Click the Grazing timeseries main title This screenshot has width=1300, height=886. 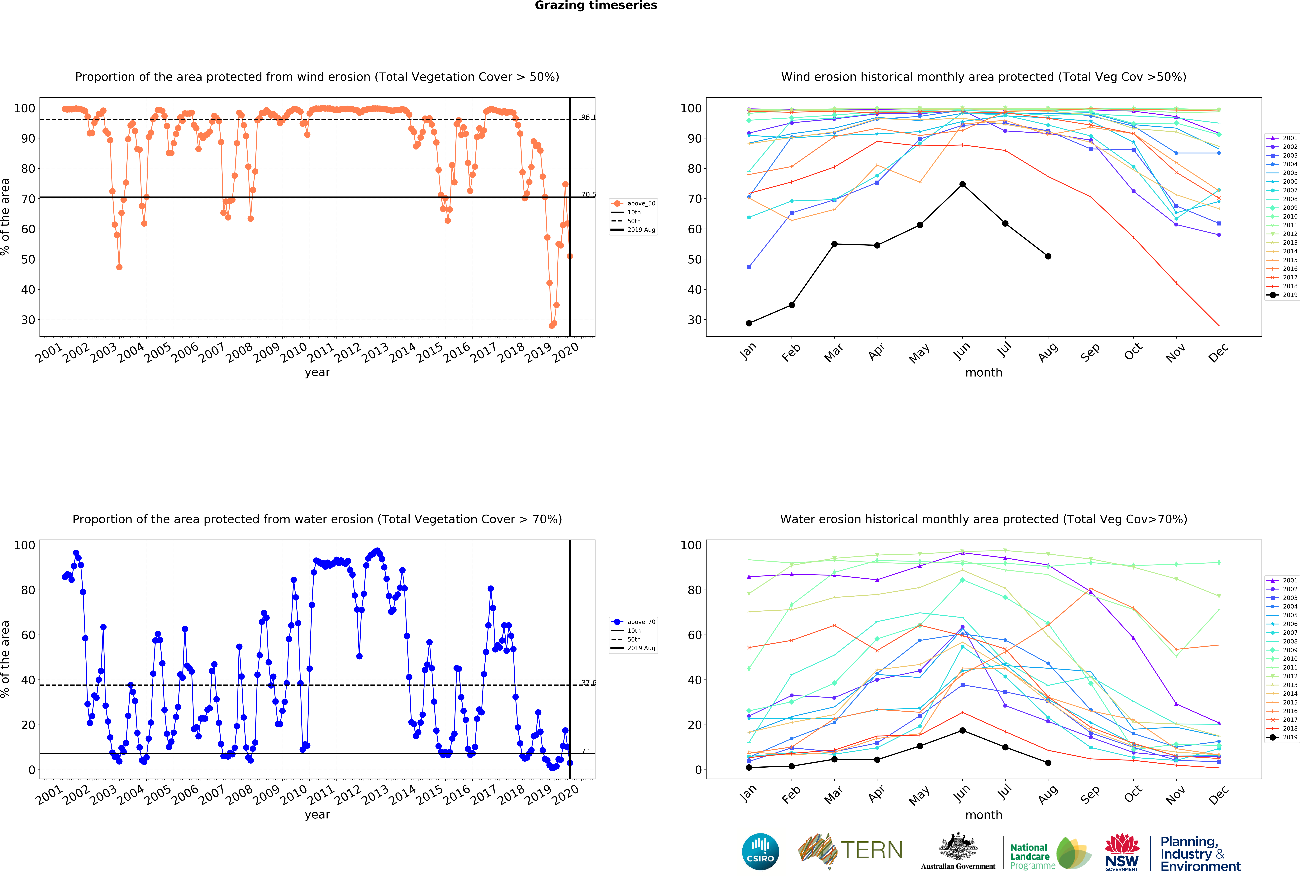point(596,6)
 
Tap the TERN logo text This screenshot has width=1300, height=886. point(872,850)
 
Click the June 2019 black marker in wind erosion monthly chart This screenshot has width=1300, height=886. point(962,185)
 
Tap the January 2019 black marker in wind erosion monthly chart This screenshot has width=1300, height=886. point(749,323)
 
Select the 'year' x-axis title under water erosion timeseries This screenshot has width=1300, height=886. point(317,814)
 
